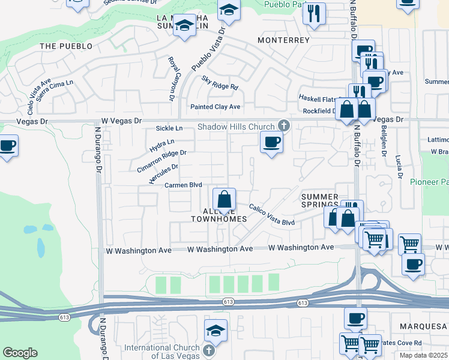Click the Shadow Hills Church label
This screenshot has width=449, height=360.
coord(236,127)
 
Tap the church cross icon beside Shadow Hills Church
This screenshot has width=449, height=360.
coord(284,126)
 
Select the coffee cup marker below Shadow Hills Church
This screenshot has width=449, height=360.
coord(271,143)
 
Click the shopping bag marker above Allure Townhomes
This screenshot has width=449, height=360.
coord(224,199)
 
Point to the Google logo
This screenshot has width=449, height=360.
coord(20,353)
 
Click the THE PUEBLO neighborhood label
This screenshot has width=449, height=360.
coord(66,46)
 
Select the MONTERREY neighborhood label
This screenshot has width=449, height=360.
coord(283,40)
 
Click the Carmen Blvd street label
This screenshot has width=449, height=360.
coord(183,185)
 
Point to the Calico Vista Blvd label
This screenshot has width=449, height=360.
coord(272,214)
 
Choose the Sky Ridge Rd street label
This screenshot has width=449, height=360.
coord(220,83)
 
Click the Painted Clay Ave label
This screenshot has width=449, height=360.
coord(215,107)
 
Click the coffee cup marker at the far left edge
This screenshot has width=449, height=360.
coord(8,146)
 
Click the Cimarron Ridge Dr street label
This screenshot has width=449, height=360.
coord(161,160)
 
